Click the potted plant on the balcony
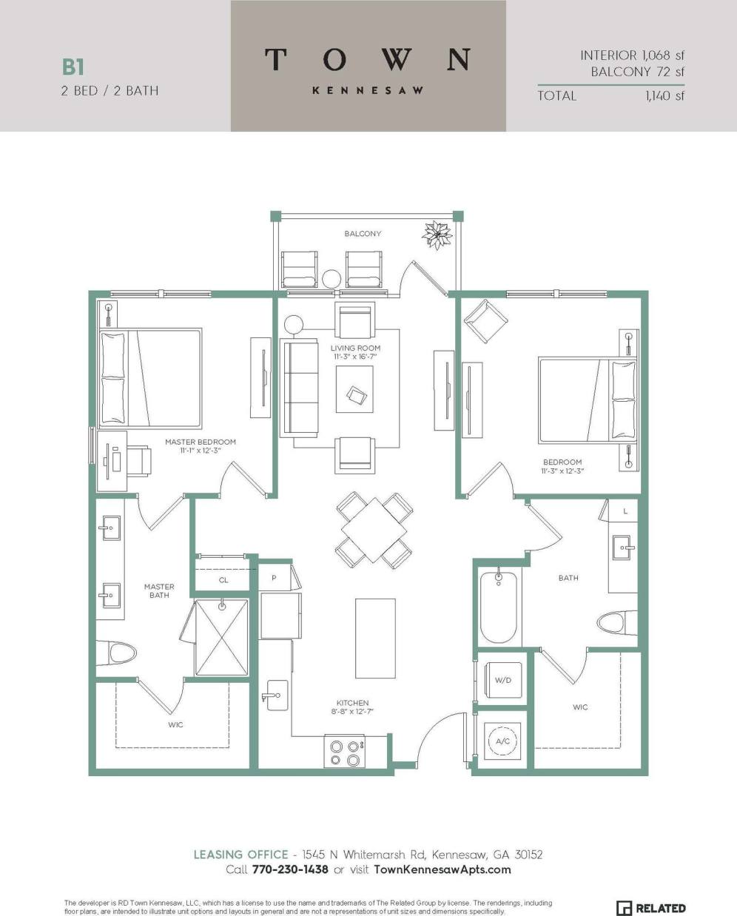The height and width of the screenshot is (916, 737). coord(437,235)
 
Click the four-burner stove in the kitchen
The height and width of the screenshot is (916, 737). coord(345,752)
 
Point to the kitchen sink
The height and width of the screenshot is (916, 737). coord(275,695)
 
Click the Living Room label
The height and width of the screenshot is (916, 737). coord(355,348)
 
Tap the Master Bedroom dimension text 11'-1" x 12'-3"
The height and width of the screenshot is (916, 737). coord(201,450)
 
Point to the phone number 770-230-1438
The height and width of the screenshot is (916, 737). coord(290,869)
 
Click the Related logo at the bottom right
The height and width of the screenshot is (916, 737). coord(650,908)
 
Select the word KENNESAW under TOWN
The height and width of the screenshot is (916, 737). coord(368,90)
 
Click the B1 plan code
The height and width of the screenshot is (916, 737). coord(73,67)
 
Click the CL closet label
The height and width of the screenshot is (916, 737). coord(223,580)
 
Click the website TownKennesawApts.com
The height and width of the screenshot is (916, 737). coord(442,869)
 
